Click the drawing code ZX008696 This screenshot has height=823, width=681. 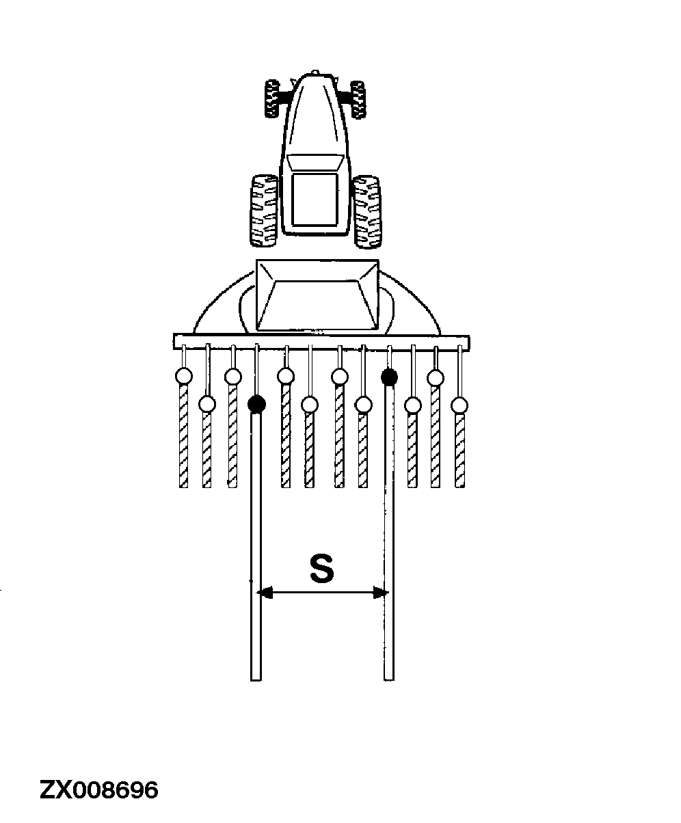[x=99, y=790]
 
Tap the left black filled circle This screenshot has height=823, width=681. [x=256, y=404]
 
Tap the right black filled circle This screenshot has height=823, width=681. [x=389, y=376]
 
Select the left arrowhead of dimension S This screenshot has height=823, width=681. [x=265, y=593]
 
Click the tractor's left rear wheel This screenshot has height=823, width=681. [x=263, y=211]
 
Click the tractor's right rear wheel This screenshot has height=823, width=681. [x=367, y=211]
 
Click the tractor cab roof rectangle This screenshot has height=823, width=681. [x=315, y=199]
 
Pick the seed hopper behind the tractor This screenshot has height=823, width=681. [x=317, y=294]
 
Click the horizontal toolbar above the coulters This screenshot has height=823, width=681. [x=321, y=340]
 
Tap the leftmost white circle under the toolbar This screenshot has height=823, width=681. [x=183, y=376]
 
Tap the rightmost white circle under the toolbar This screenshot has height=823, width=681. [x=459, y=405]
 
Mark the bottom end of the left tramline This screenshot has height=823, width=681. [x=256, y=676]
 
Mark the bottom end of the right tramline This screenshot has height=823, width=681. [x=389, y=676]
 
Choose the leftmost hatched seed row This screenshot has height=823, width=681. [x=183, y=437]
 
